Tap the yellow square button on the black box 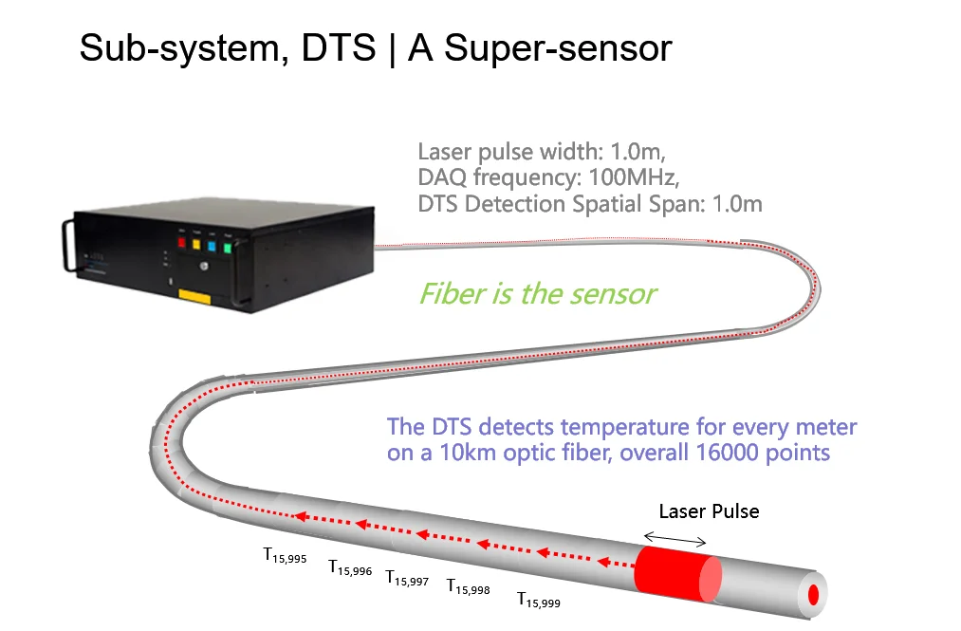click(x=197, y=245)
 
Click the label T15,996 click(x=350, y=567)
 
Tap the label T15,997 click(x=407, y=578)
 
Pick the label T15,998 click(x=468, y=587)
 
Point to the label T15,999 click(x=538, y=600)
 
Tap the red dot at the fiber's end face click(x=813, y=595)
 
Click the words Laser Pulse click(x=709, y=511)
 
